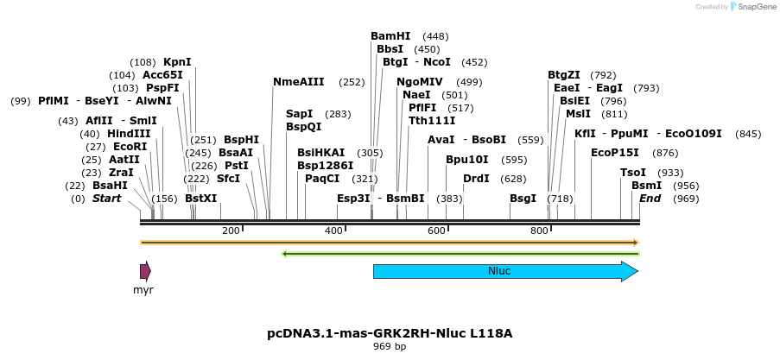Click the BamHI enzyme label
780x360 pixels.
(390, 36)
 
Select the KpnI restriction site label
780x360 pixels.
(177, 62)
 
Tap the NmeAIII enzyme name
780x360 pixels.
(298, 82)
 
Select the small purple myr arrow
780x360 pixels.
(145, 271)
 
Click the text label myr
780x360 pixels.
(143, 290)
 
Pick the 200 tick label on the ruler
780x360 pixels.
(231, 231)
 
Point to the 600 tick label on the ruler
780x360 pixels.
(436, 231)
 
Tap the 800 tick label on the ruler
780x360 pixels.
(539, 231)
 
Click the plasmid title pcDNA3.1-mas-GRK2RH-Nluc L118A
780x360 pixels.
(396, 332)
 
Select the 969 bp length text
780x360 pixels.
(390, 346)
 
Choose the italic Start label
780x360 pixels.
(107, 199)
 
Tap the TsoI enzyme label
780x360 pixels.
(633, 173)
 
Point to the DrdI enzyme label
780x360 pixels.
(477, 179)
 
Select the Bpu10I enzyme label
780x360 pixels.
(467, 160)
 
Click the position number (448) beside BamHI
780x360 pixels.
(435, 36)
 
